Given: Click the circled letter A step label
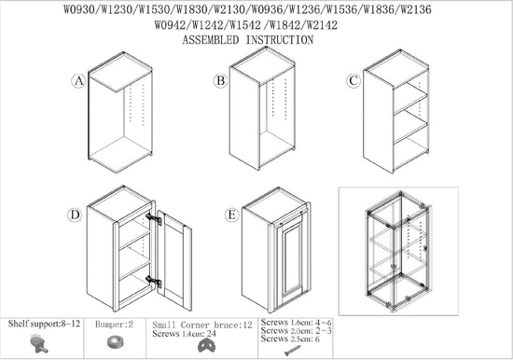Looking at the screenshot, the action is point(78,81).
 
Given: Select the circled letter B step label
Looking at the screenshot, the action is point(220,80).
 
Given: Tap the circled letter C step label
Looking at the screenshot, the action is point(354,80).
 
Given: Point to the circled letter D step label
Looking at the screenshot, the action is point(75,215).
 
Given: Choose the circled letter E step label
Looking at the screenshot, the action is point(231,215).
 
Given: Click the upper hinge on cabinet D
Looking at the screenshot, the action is point(154,219).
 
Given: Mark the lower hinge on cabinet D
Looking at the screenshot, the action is point(154,282).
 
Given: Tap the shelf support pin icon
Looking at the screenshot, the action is point(38,343).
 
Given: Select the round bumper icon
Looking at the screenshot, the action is point(115,342).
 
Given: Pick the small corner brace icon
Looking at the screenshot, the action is point(206,346).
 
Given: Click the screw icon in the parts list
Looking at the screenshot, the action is point(293,351).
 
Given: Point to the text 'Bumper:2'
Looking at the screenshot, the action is point(114,325).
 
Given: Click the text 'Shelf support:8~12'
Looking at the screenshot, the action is point(44,324).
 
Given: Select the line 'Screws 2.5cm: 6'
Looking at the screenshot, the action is point(290,339).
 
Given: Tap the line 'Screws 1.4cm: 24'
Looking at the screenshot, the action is point(184,334).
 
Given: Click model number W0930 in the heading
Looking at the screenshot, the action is point(79,10).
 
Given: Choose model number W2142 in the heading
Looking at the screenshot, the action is point(323,25).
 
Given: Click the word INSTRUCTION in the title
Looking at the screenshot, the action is point(280,40).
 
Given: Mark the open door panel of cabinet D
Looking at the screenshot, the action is point(174,260).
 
